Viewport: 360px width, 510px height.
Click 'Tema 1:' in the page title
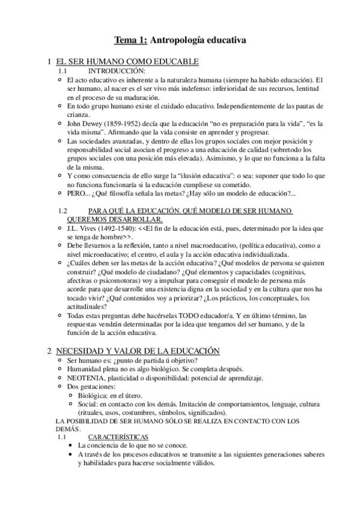[130, 40]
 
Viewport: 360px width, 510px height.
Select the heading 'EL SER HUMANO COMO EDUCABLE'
[127, 62]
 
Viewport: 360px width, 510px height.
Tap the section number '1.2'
[63, 210]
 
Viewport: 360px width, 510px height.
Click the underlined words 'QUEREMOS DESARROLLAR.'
[130, 219]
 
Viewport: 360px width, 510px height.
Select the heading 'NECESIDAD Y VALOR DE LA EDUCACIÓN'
[130, 351]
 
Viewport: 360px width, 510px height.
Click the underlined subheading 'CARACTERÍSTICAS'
[117, 437]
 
